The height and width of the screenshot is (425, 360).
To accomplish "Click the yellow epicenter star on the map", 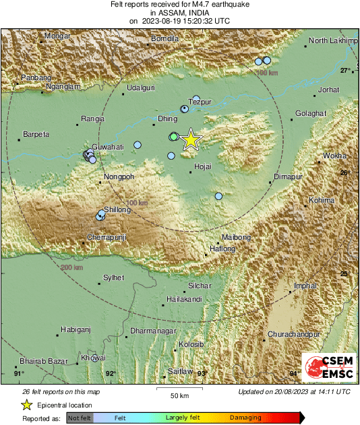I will point(191,139).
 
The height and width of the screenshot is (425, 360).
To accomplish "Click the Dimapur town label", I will point(286,177).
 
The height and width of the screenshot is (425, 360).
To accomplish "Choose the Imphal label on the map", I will point(305,286).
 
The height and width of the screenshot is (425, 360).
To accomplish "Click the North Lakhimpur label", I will point(332,41).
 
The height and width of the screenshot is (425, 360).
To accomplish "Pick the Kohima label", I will point(321,200).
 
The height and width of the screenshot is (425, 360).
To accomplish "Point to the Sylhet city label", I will point(113,277).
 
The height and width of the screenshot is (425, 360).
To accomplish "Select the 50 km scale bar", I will point(179,389).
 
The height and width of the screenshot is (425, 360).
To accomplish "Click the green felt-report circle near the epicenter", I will point(174,137).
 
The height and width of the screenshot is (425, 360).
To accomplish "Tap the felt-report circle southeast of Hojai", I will point(218,196).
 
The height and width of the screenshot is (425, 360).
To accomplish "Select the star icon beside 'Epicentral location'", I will point(27,405).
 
